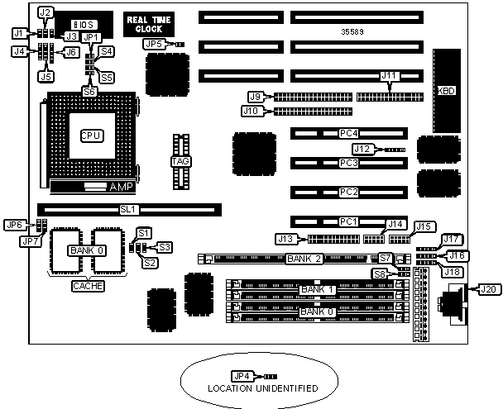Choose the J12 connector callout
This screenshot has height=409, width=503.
(363, 150)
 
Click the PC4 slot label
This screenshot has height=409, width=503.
(347, 133)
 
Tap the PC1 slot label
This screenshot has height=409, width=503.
(347, 221)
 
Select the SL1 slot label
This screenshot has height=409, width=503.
(127, 210)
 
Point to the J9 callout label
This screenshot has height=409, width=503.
(256, 95)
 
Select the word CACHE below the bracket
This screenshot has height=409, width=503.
(88, 286)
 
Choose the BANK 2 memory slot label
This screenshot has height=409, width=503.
(302, 259)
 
